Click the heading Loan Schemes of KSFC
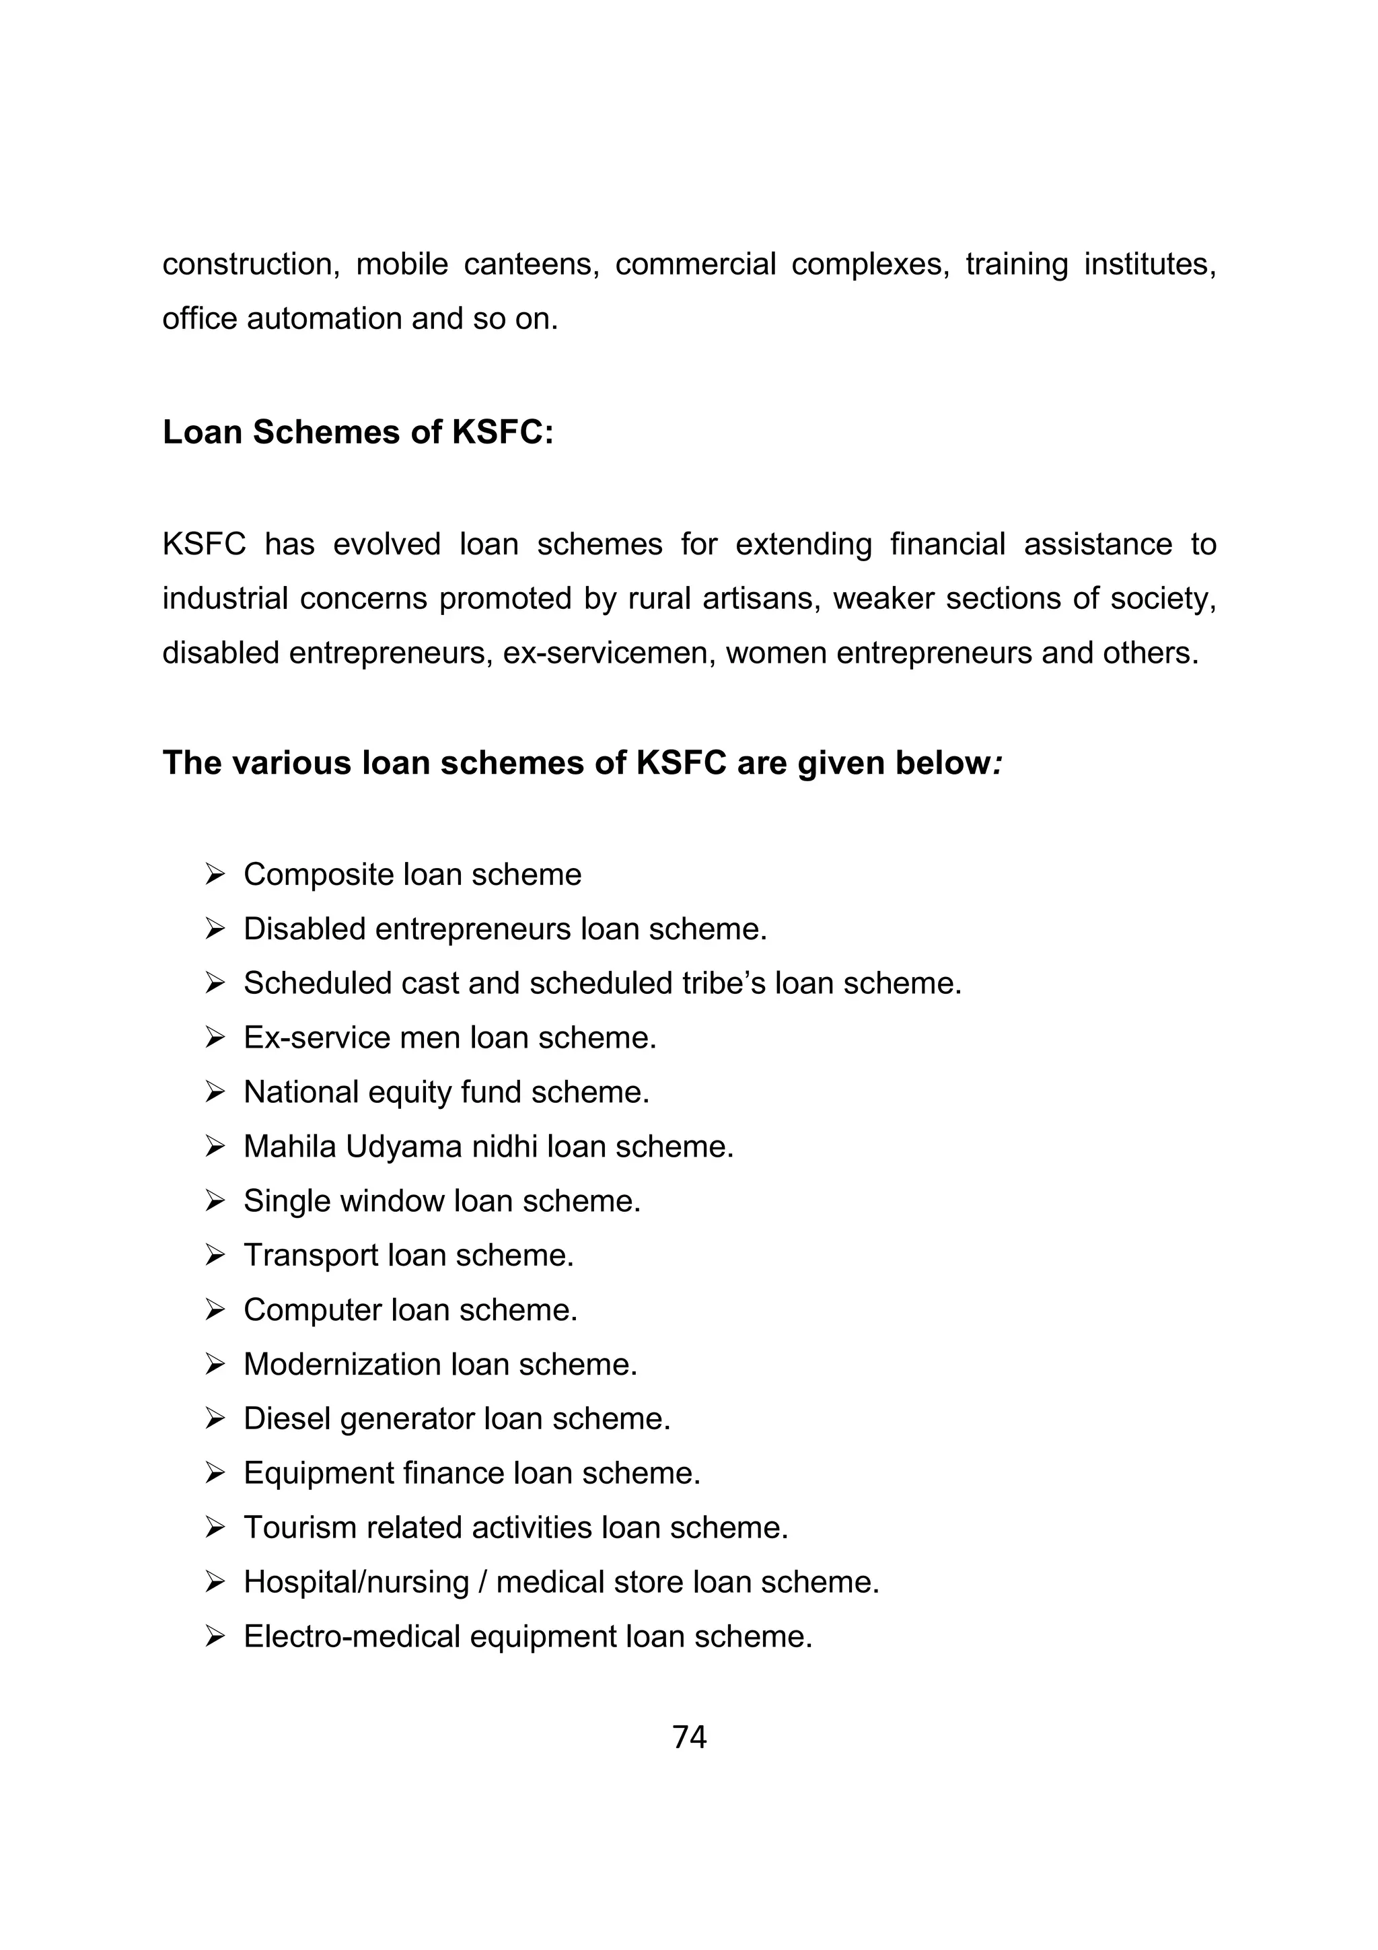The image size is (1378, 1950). (357, 432)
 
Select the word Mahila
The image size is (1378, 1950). (289, 1147)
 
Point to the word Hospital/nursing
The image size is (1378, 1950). (356, 1581)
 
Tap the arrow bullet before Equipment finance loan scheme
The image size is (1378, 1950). (215, 1473)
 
